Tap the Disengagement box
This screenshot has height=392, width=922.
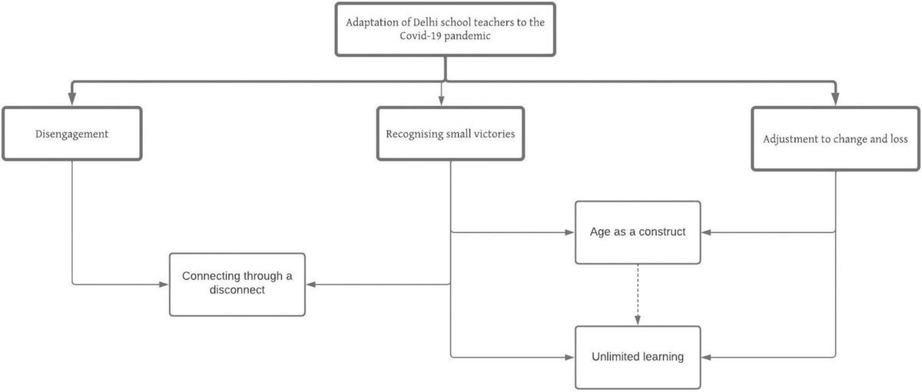pos(71,134)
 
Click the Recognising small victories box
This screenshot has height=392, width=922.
pos(450,134)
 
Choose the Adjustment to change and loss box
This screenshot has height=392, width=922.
pos(835,139)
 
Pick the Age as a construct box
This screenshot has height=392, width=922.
pos(638,231)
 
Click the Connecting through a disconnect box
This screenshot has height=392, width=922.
pos(237,284)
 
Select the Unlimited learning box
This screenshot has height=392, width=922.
pos(638,357)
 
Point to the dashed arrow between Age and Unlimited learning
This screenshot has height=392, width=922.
pos(638,292)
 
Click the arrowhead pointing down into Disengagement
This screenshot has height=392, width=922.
pos(71,100)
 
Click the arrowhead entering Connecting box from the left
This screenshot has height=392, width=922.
pos(164,284)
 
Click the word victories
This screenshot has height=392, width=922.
pos(492,134)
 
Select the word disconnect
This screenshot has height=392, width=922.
pos(237,291)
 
